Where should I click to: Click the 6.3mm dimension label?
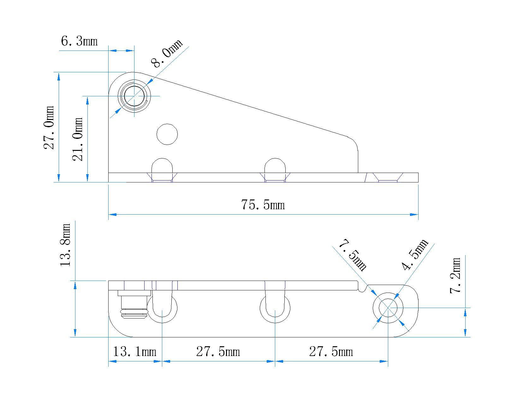[79, 41]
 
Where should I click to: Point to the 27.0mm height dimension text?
[49, 127]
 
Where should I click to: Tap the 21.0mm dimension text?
[78, 139]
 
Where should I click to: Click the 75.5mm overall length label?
[263, 205]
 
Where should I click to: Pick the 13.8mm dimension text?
[67, 245]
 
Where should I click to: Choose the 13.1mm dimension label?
[135, 352]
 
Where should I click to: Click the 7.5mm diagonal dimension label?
[353, 255]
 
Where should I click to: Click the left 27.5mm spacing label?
[218, 352]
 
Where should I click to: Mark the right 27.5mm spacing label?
[331, 352]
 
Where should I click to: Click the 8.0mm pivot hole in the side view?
[134, 96]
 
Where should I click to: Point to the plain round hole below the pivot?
[167, 134]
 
